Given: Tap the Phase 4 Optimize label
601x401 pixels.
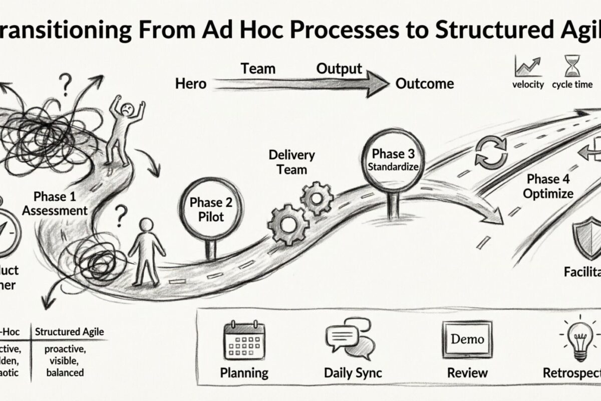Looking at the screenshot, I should pos(549,186).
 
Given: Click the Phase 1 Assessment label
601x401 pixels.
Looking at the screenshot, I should pos(55,203).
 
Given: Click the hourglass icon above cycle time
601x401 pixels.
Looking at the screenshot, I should pos(572,66).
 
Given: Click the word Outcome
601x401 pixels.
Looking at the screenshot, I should pos(425,83).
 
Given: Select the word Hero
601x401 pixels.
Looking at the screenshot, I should pos(191,84).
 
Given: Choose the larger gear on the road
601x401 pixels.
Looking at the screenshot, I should pos(287,224).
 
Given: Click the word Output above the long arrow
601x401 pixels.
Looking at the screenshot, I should pos(339,69).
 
